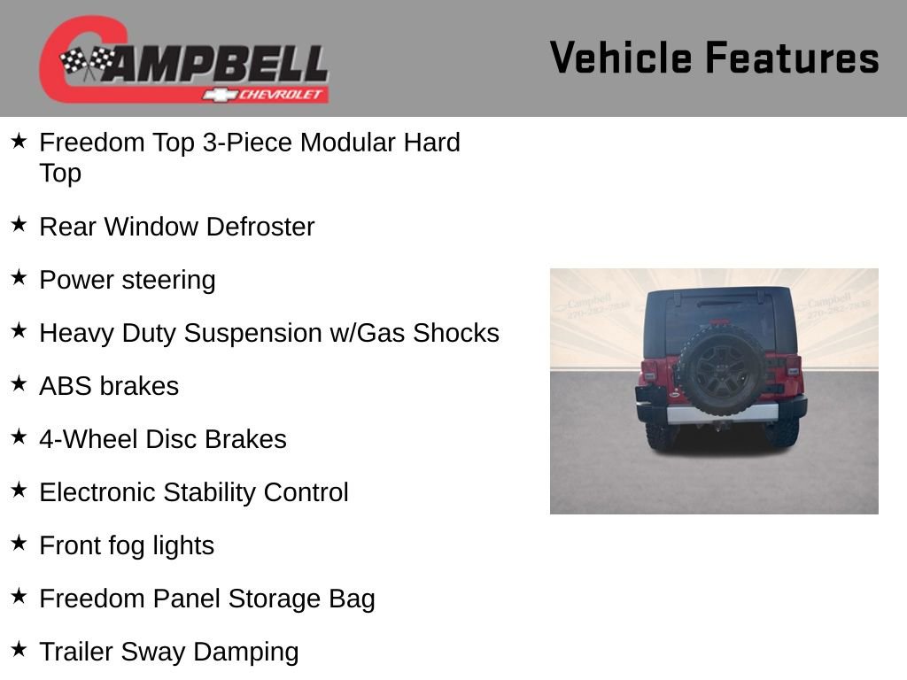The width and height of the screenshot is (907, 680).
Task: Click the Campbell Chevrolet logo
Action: pyautogui.click(x=183, y=59)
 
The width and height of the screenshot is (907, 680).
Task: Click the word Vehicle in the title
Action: pyautogui.click(x=620, y=58)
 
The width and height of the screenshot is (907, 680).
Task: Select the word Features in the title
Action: pyautogui.click(x=792, y=58)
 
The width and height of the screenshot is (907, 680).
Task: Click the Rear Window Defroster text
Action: pyautogui.click(x=176, y=227)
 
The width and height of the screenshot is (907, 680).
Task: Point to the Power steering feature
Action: pyautogui.click(x=127, y=280)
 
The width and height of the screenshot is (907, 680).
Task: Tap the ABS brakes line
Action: pyautogui.click(x=109, y=386)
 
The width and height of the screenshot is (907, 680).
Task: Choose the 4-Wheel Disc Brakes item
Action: pyautogui.click(x=162, y=439)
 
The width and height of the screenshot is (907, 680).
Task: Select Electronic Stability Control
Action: pyautogui.click(x=193, y=492)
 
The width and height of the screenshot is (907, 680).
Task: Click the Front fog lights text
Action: pyautogui.click(x=127, y=545)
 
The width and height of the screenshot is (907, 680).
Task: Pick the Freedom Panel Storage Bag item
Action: pyautogui.click(x=206, y=599)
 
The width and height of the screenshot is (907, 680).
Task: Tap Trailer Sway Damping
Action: pyautogui.click(x=168, y=652)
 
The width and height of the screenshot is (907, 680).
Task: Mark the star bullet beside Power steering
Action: pyautogui.click(x=19, y=278)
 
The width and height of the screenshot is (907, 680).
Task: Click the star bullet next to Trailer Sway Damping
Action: pyautogui.click(x=19, y=650)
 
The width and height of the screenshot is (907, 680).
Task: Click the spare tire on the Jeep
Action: pyautogui.click(x=719, y=371)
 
